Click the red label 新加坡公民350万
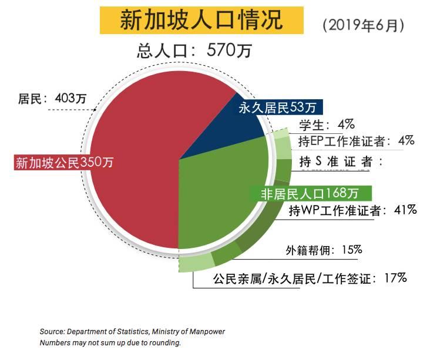coord(64,162)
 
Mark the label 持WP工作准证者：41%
coord(353,210)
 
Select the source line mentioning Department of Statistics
coord(132,332)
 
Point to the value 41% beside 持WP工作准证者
coord(405,209)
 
